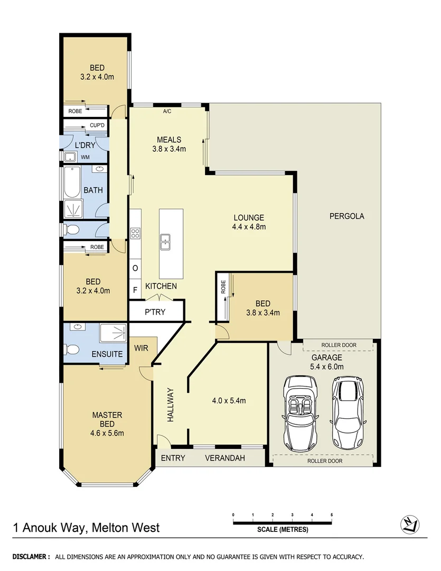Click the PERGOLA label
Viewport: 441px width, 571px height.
click(347, 216)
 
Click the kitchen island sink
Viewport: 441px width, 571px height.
click(165, 242)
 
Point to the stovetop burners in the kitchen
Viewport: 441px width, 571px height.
click(135, 233)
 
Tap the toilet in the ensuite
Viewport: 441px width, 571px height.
click(72, 349)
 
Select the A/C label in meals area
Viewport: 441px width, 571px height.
click(167, 112)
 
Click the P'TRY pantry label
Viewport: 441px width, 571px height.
click(155, 312)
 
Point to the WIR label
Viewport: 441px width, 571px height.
click(141, 348)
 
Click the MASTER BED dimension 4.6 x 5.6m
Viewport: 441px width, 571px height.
click(107, 434)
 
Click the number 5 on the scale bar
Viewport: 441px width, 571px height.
click(332, 514)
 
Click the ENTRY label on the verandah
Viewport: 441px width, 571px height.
click(173, 458)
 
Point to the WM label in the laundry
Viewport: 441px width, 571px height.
click(85, 157)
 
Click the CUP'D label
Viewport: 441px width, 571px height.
click(97, 125)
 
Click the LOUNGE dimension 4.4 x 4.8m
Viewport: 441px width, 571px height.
click(248, 227)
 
